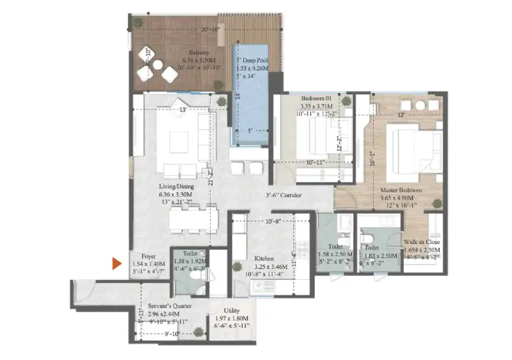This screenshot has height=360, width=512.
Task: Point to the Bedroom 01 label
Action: point(317,98)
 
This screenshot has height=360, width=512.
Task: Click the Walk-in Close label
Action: point(423,242)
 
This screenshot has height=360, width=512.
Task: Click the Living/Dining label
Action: point(176,186)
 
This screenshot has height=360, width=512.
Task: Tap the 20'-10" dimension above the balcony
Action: point(209,29)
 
